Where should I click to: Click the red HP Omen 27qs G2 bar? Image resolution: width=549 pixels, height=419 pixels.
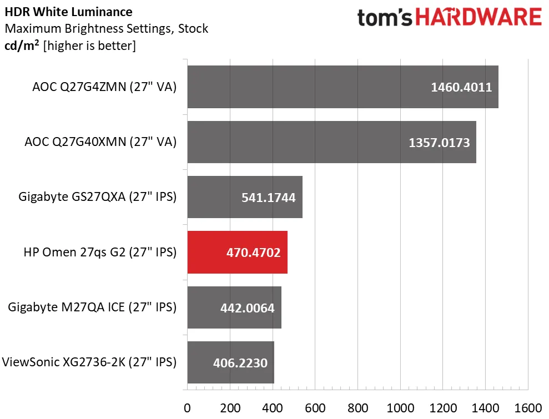tap(237, 253)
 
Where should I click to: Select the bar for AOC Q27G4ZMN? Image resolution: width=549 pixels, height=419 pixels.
tap(343, 87)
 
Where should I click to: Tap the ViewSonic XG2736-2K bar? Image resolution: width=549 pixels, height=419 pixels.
tap(230, 363)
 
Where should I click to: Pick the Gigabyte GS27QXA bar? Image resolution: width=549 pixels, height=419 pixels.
tap(244, 197)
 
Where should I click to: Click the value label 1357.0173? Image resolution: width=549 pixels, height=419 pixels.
tap(439, 143)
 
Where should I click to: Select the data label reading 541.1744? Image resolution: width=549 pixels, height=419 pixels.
tap(268, 198)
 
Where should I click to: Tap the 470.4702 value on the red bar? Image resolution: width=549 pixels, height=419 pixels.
tap(253, 253)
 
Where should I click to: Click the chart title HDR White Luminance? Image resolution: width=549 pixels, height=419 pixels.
tap(69, 12)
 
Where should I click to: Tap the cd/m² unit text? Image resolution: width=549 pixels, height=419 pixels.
tap(22, 46)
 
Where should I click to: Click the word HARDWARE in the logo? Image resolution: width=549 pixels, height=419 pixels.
tap(479, 17)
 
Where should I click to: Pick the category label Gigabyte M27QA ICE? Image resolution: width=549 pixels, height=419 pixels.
tap(92, 307)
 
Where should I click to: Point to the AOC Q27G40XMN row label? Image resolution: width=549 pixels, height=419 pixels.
tap(100, 142)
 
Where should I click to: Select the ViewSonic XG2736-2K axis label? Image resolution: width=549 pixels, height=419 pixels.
tap(89, 362)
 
